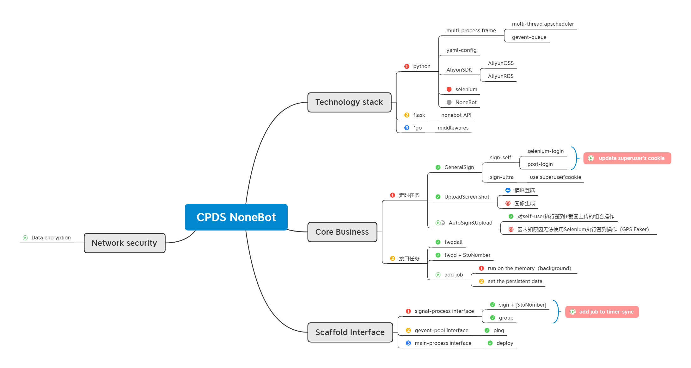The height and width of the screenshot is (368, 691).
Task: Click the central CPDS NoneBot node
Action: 236,217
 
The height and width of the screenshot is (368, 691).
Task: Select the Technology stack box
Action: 349,102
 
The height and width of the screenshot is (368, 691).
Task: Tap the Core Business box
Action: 342,232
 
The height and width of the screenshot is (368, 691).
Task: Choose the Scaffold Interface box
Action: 350,332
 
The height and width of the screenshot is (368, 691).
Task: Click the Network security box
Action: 124,243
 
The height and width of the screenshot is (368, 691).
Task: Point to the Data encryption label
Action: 51,238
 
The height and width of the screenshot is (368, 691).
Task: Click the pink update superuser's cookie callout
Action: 627,158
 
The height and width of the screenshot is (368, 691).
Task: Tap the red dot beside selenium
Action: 449,89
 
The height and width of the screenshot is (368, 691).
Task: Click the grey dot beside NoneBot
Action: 449,102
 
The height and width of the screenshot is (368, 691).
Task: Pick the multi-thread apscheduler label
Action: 543,24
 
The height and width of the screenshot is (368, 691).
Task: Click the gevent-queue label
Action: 529,37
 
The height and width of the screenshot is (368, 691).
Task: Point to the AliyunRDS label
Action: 501,76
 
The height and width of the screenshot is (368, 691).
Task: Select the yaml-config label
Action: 461,50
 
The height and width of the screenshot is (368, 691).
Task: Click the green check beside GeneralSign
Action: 438,167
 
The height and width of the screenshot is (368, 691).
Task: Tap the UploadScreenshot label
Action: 467,197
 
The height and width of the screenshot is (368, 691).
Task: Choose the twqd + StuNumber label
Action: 467,255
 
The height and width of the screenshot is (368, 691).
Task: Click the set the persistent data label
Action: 515,281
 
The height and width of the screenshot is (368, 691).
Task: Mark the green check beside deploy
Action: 490,343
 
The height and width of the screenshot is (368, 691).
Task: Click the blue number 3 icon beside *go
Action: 407,128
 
